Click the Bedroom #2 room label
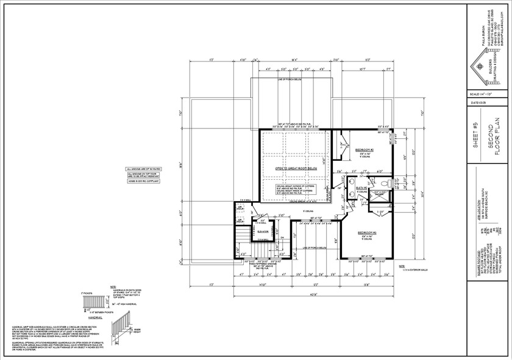pos(364,149)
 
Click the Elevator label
pos(263,232)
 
